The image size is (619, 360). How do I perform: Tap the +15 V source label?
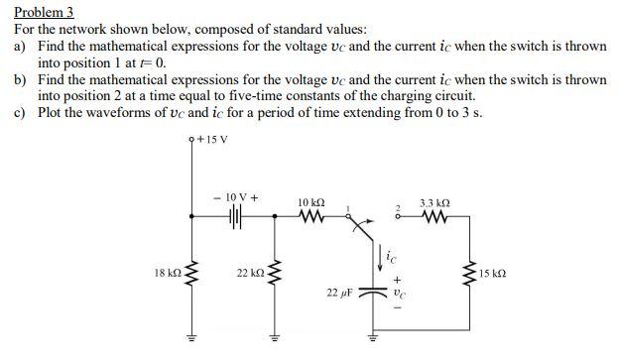click(214, 138)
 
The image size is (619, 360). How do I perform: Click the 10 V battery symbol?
click(237, 213)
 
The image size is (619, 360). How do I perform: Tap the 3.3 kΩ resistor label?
click(433, 201)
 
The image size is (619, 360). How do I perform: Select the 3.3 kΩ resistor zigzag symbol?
click(433, 214)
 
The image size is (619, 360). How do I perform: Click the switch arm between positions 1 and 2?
click(366, 231)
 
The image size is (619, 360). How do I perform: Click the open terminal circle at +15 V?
click(190, 140)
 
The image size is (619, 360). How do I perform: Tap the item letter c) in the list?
click(19, 113)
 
